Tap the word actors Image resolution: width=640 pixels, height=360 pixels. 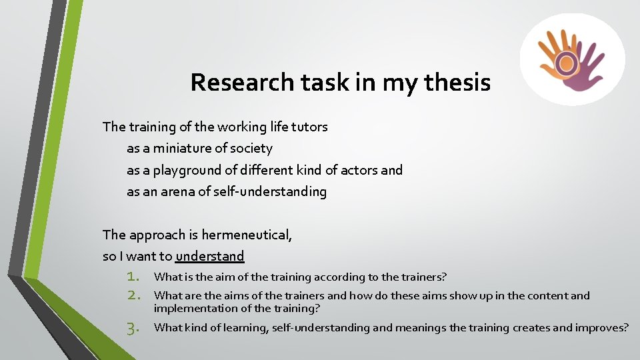pyautogui.click(x=359, y=170)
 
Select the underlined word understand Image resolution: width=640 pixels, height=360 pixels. pyautogui.click(x=210, y=256)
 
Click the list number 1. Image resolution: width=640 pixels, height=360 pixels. pyautogui.click(x=133, y=277)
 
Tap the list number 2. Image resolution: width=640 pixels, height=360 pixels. pyautogui.click(x=133, y=295)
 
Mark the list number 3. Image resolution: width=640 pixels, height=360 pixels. pyautogui.click(x=133, y=328)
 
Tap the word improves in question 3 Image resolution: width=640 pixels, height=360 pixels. pyautogui.click(x=601, y=328)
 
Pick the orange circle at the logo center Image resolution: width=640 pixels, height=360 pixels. pyautogui.click(x=567, y=63)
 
